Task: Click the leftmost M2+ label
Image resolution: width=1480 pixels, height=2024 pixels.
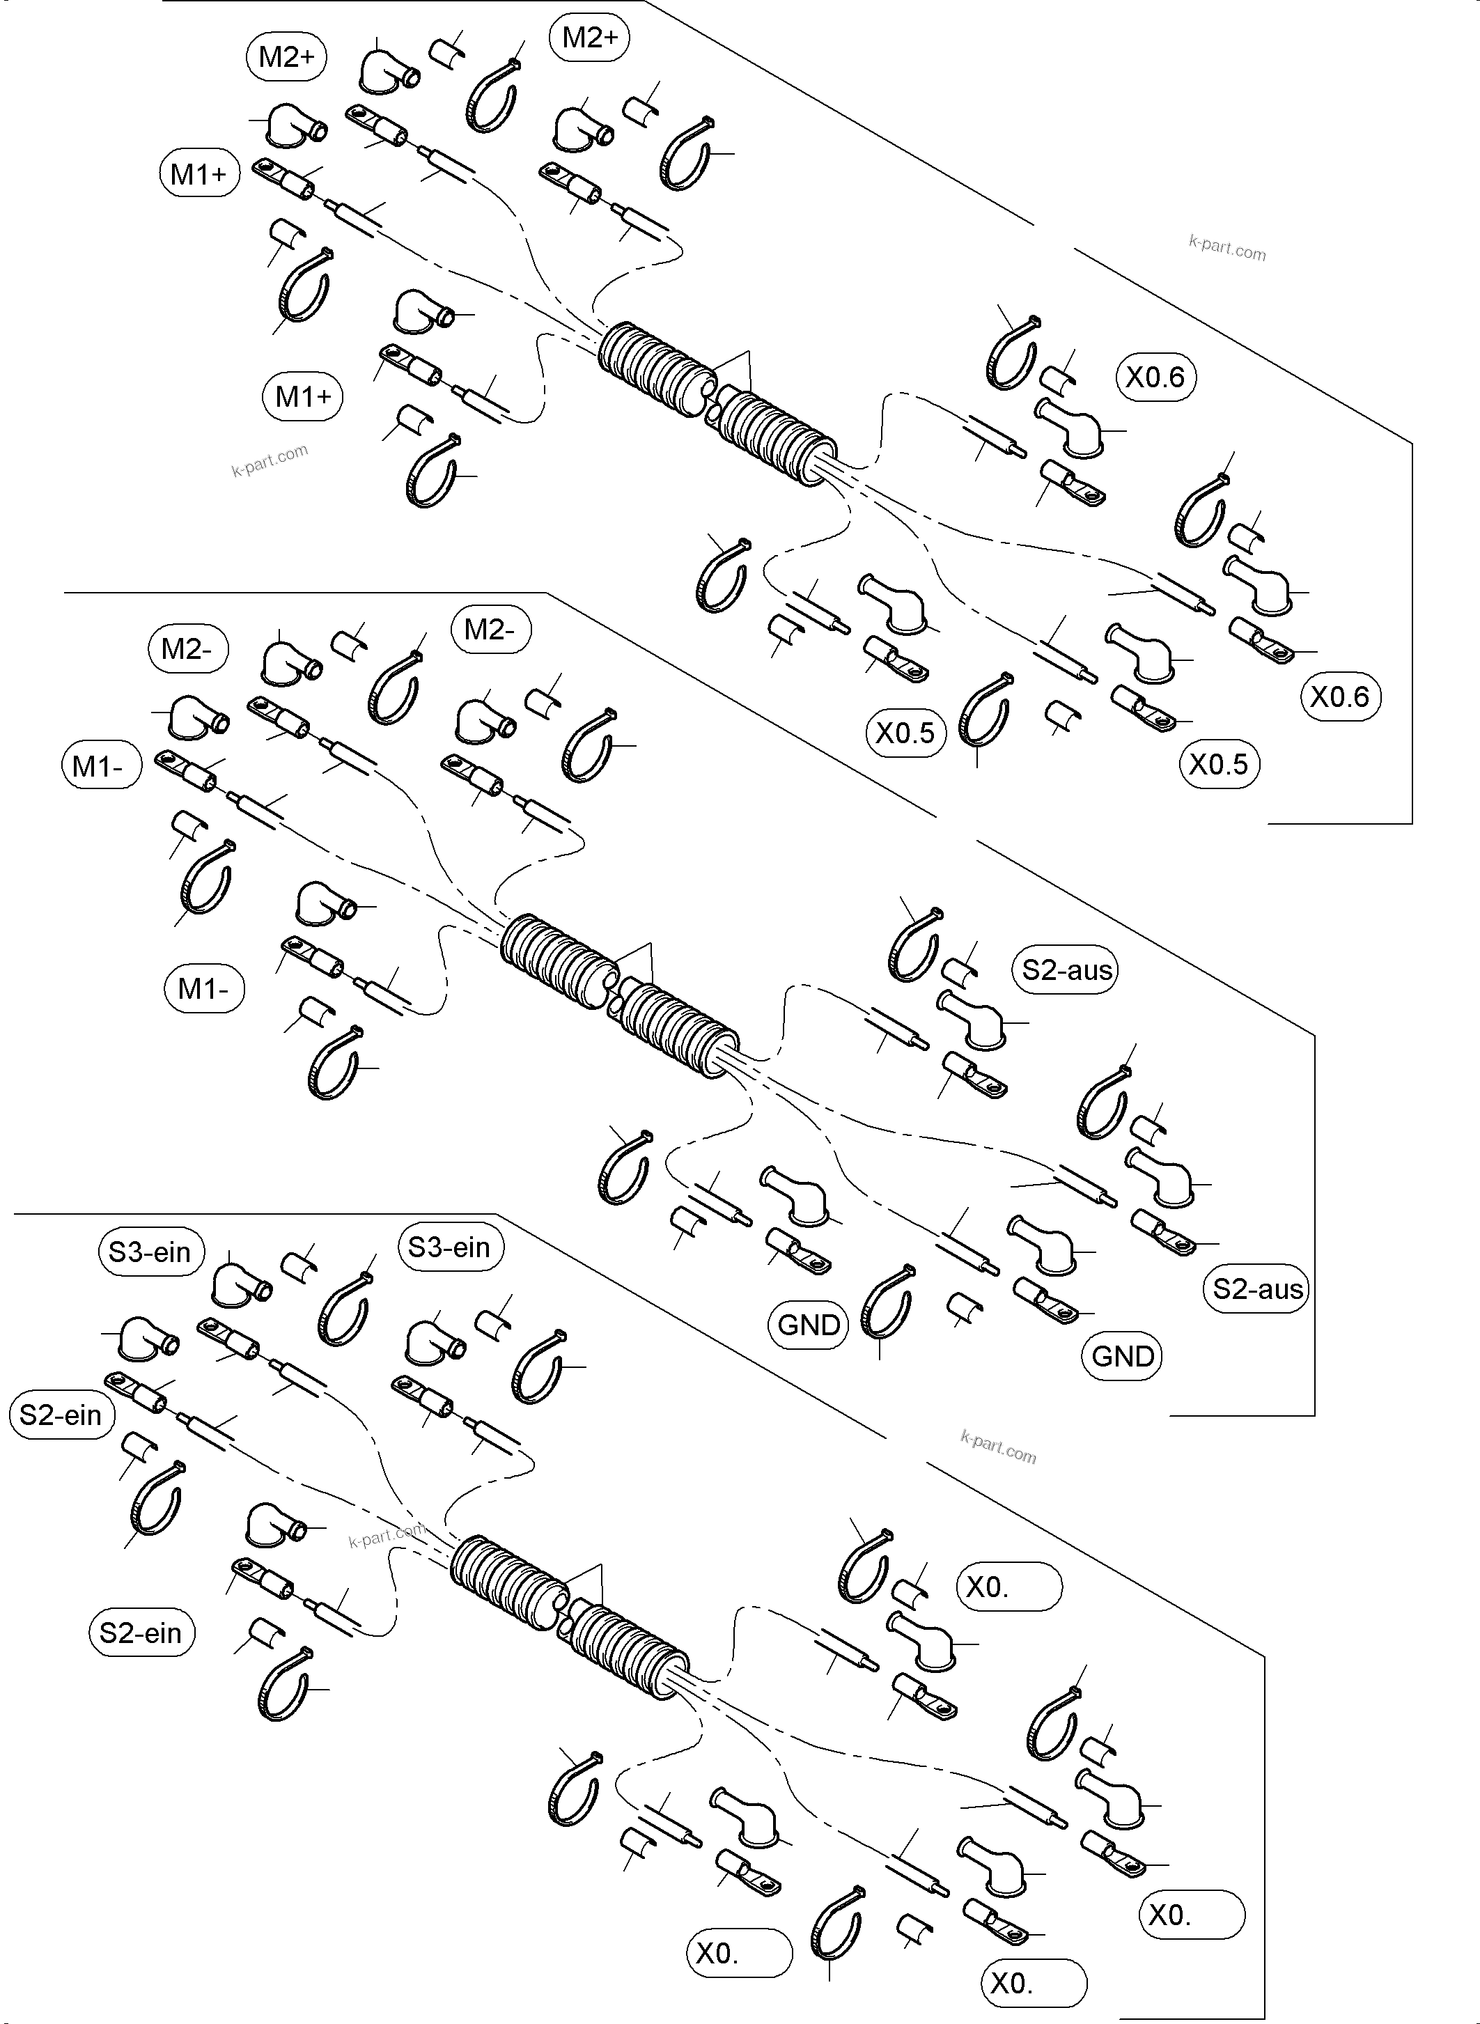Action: (x=286, y=57)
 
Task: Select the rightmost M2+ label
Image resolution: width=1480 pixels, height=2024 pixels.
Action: (x=589, y=38)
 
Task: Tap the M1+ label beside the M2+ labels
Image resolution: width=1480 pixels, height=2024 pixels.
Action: (x=199, y=174)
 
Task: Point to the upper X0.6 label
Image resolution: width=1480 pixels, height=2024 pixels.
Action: (x=1155, y=377)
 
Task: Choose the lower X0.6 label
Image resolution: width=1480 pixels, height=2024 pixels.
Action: (x=1339, y=697)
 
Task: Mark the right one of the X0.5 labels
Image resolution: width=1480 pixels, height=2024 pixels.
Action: (x=1218, y=764)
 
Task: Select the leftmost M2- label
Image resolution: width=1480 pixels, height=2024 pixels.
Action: (x=187, y=648)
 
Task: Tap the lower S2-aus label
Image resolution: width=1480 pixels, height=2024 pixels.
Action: (x=1257, y=1289)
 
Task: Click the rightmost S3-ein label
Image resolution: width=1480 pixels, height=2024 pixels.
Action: (x=449, y=1247)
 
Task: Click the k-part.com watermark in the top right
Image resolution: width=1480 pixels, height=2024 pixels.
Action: (x=1226, y=248)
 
